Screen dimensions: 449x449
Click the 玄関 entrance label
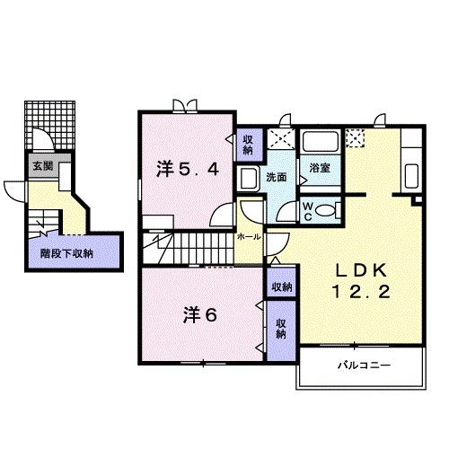pos(42,166)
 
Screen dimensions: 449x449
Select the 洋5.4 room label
pos(188,168)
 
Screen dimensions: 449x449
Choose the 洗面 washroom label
pos(276,178)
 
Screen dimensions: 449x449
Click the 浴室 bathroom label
pos(319,168)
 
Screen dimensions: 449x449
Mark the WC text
pos(307,209)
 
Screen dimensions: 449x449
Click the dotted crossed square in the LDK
pos(357,138)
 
